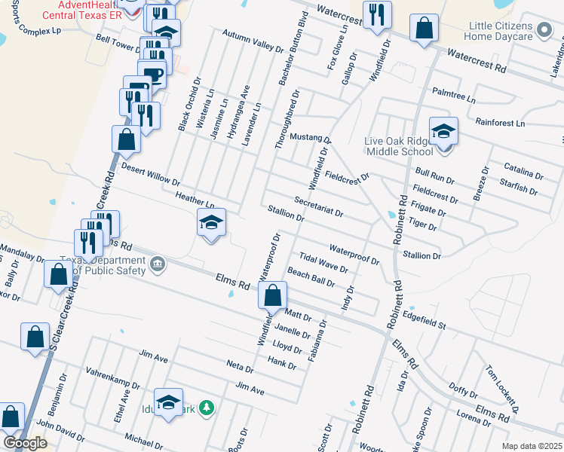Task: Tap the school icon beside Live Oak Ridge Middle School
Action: pos(444,131)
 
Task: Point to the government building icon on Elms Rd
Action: pos(158,263)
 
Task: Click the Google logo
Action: pos(25,443)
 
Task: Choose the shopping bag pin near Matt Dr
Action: pos(274,295)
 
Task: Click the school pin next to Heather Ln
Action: pos(211,222)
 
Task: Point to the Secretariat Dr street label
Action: pos(318,207)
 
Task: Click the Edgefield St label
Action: pos(425,319)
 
